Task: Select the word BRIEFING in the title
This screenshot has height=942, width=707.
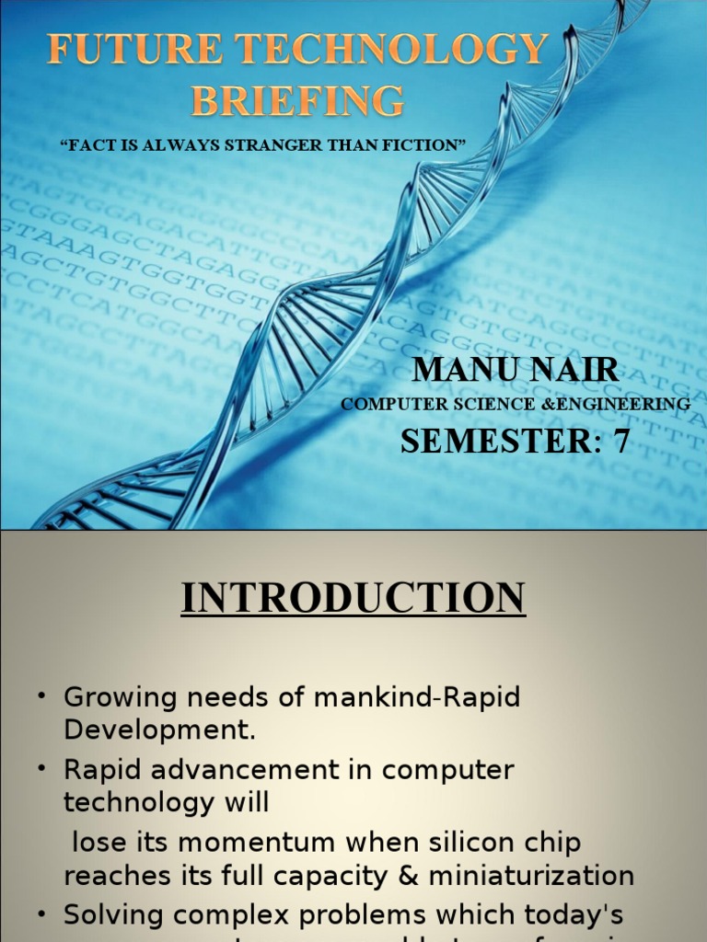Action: coord(297,99)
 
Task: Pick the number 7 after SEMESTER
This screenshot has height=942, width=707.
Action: coord(621,442)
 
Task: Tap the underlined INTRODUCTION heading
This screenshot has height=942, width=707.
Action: coord(353,598)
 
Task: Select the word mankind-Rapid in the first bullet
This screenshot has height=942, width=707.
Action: coord(417,697)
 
